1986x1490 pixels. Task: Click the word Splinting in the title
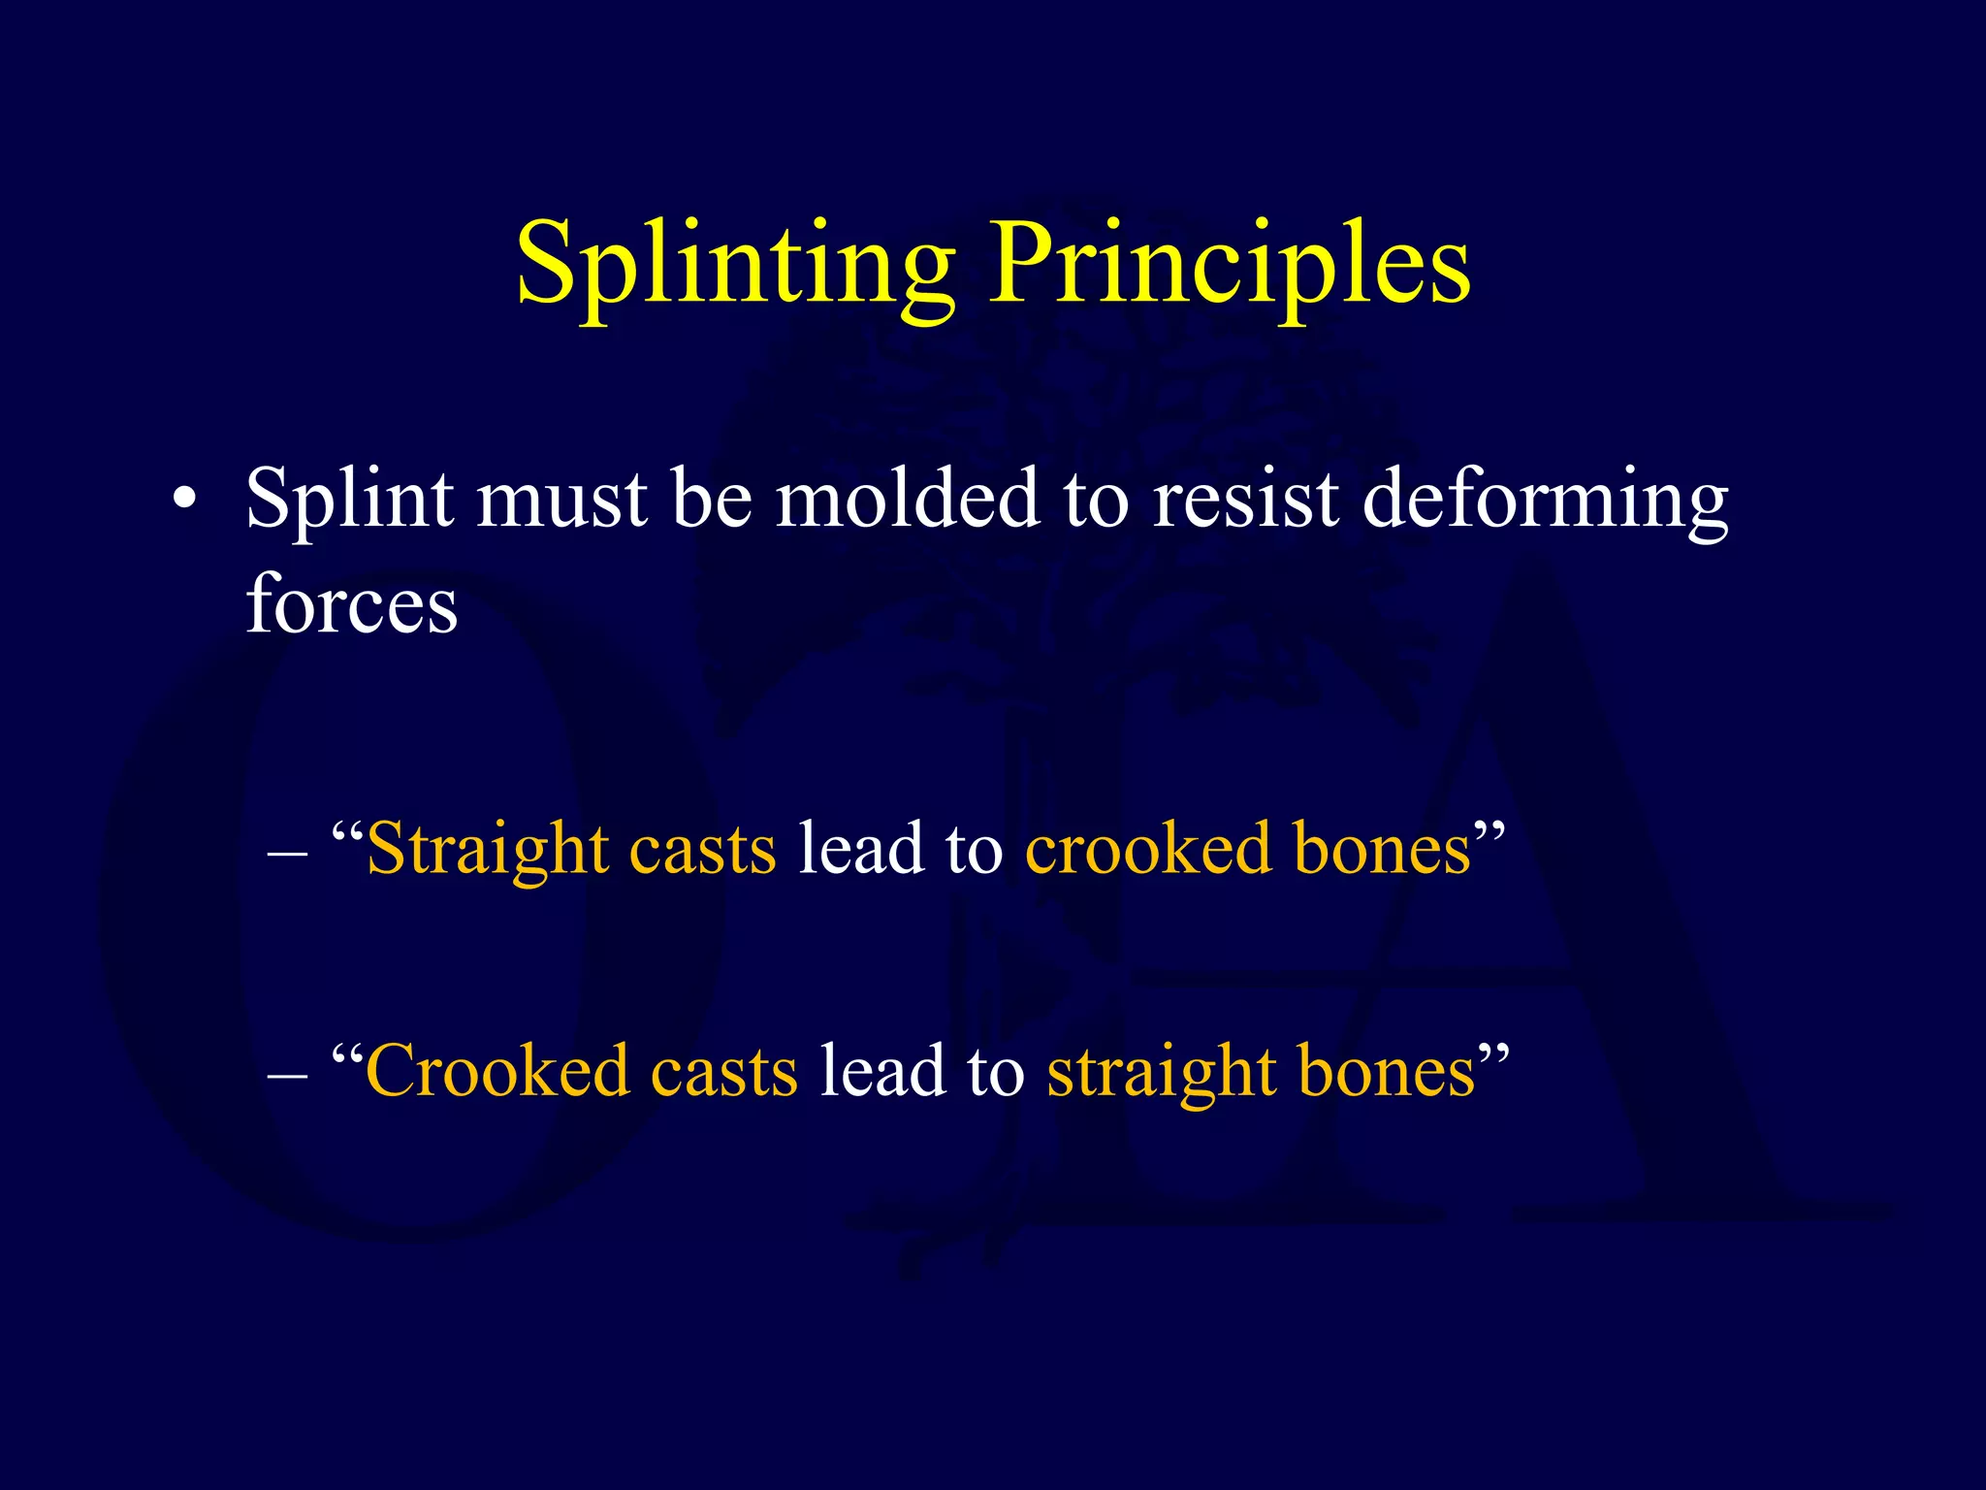coord(735,264)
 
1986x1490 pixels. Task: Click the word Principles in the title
coord(1230,264)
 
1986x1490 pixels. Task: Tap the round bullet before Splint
coord(184,501)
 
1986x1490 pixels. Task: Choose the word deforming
coord(1545,499)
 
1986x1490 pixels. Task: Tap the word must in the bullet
coord(561,499)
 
